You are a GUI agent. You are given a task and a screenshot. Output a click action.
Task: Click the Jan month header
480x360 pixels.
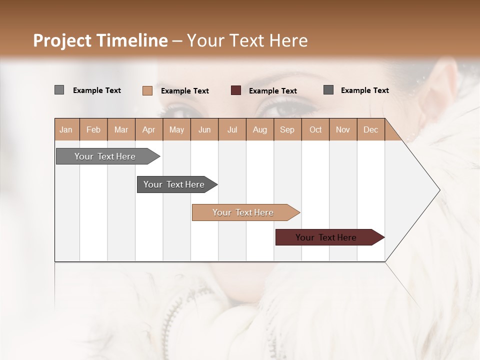pyautogui.click(x=66, y=129)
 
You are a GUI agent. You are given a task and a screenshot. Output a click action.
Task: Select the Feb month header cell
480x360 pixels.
pyautogui.click(x=93, y=129)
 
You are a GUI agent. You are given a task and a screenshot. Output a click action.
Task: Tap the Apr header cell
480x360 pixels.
pyautogui.click(x=149, y=129)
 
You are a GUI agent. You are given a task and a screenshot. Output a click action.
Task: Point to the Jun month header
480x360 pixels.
pyautogui.click(x=204, y=129)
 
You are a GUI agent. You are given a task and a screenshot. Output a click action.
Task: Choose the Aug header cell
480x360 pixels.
pyautogui.click(x=260, y=129)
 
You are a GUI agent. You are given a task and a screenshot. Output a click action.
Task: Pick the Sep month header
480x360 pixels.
pyautogui.click(x=287, y=129)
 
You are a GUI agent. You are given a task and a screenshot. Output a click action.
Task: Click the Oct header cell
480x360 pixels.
pyautogui.click(x=315, y=129)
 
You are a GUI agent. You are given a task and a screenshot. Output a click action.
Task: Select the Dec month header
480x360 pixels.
pyautogui.click(x=371, y=129)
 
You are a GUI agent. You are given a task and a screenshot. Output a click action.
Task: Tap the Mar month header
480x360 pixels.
pyautogui.click(x=121, y=129)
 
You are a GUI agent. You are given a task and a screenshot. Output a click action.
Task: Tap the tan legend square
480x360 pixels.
pyautogui.click(x=147, y=90)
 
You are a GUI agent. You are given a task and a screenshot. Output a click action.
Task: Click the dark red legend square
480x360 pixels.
pyautogui.click(x=236, y=90)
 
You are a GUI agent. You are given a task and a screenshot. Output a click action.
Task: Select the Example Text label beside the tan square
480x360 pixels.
pyautogui.click(x=185, y=91)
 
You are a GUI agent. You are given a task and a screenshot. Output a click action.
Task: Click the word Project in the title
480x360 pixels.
pyautogui.click(x=62, y=40)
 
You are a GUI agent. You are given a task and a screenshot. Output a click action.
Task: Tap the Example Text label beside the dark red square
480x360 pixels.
pyautogui.click(x=273, y=91)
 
